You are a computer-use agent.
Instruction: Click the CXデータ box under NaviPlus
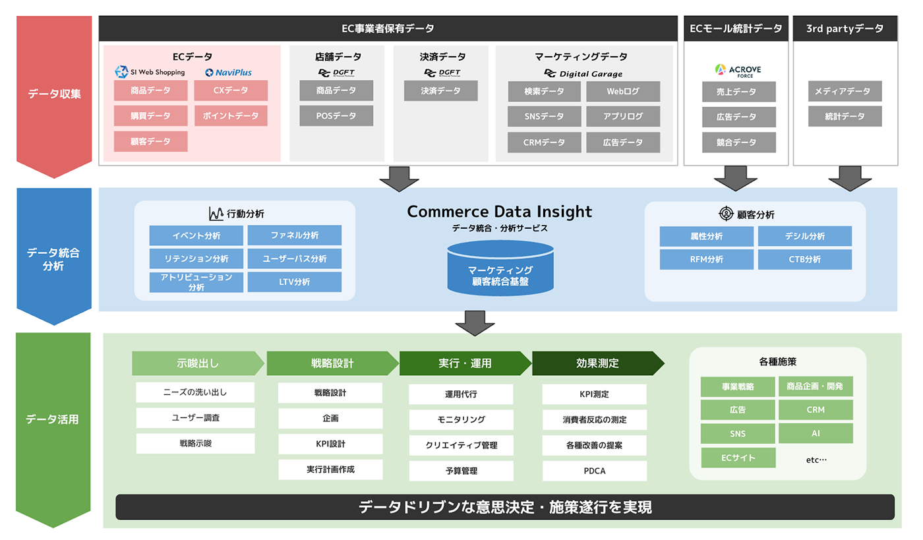click(231, 91)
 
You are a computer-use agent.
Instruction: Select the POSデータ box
click(336, 116)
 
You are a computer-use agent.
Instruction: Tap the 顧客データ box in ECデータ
click(150, 142)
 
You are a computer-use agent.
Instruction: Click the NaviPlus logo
click(228, 73)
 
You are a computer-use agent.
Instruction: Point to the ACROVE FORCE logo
click(739, 70)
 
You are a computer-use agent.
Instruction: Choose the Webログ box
click(623, 92)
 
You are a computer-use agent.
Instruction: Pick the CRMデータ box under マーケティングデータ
click(544, 142)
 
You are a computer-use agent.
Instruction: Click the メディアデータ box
click(845, 92)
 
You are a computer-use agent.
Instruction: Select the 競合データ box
click(739, 142)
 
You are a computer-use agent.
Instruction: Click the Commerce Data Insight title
click(500, 212)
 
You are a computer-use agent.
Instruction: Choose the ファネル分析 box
click(295, 235)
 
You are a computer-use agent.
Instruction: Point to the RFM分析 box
click(706, 260)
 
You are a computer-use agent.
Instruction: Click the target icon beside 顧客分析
click(726, 214)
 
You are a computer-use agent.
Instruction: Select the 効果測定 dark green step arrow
click(597, 363)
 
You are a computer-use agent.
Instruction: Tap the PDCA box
click(594, 471)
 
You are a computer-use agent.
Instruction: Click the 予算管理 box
click(461, 471)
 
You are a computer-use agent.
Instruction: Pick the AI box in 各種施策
click(816, 434)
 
